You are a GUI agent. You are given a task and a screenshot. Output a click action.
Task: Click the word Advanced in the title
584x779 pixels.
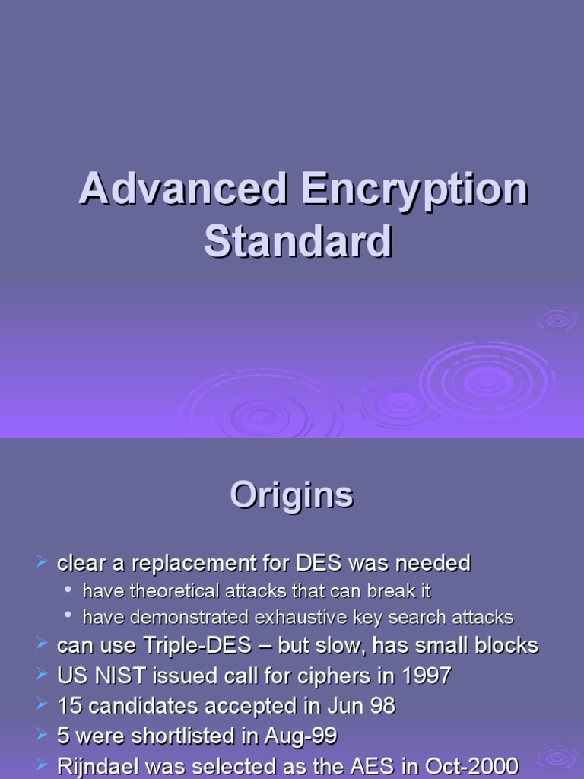pyautogui.click(x=183, y=189)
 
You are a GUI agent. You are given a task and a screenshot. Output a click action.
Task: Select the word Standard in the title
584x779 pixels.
pyautogui.click(x=298, y=241)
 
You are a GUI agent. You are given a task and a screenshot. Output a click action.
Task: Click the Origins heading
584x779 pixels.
pyautogui.click(x=292, y=496)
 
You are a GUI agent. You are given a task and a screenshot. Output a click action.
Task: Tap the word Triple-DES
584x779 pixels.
pyautogui.click(x=198, y=646)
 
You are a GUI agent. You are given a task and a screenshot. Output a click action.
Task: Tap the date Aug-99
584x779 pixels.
pyautogui.click(x=301, y=736)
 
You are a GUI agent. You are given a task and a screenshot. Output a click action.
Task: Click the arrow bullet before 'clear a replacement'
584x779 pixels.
pyautogui.click(x=43, y=562)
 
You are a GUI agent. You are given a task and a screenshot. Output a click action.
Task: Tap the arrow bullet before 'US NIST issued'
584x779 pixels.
pyautogui.click(x=43, y=674)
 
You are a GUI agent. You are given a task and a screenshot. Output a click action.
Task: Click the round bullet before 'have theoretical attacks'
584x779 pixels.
pyautogui.click(x=68, y=590)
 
